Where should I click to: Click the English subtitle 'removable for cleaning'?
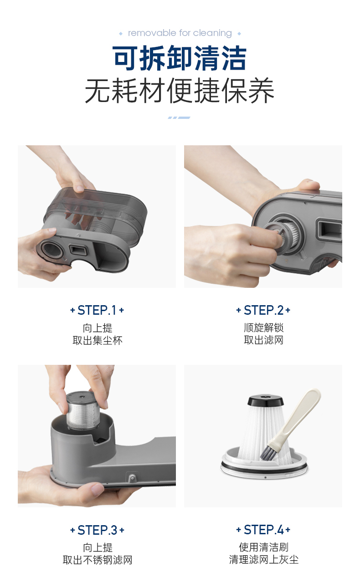(180, 33)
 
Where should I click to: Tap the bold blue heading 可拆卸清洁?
(180, 58)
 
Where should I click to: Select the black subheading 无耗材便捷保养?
(180, 91)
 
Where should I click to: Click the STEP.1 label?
(97, 310)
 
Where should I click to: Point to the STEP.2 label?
(263, 310)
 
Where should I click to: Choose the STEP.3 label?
(97, 530)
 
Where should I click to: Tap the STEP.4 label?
(263, 530)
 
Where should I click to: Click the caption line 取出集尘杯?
(98, 341)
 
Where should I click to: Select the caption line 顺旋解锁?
(264, 328)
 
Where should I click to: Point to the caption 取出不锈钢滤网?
(98, 560)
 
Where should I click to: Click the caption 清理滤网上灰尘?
(264, 560)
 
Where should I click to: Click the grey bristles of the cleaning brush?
(267, 453)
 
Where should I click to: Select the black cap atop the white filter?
(265, 400)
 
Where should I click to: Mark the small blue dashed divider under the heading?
(179, 118)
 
